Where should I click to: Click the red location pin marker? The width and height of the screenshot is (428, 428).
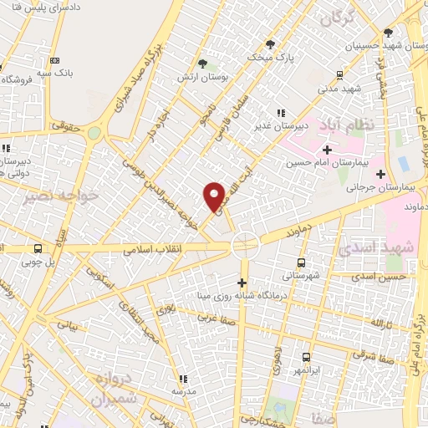tap(215, 196)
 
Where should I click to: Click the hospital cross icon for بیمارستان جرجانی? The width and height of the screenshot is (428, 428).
tap(381, 175)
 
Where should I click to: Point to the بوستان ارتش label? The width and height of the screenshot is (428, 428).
tap(194, 77)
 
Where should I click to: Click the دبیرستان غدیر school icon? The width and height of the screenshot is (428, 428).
tap(282, 113)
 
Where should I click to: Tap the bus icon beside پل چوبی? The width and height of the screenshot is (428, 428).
tap(38, 248)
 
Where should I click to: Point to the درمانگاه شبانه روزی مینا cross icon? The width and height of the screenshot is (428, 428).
tap(243, 283)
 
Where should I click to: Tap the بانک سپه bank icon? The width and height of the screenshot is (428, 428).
tap(55, 60)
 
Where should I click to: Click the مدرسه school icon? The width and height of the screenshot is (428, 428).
tap(183, 379)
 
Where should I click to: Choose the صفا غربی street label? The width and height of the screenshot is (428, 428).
tap(213, 318)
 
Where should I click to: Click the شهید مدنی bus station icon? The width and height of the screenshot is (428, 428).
tap(339, 74)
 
